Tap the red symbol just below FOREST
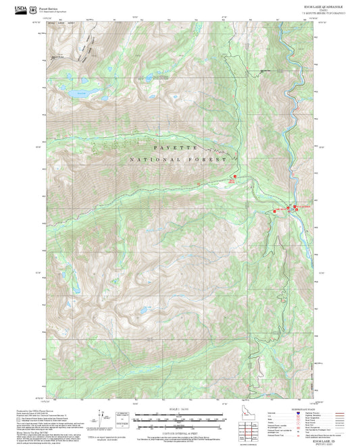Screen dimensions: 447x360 pos(234,177)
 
